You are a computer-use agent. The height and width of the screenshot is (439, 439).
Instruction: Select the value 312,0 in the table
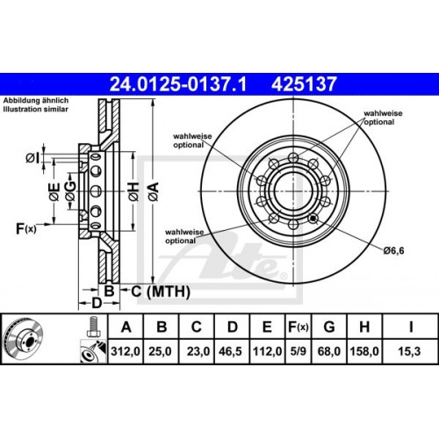coord(128,351)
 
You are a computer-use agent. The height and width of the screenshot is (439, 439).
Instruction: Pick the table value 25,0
coord(162,351)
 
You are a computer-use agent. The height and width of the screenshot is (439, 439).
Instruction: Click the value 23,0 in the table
coord(196,351)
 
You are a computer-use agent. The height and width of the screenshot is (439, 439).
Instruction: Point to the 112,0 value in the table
coord(266,351)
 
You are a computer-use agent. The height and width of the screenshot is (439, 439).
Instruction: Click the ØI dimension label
coord(32,157)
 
